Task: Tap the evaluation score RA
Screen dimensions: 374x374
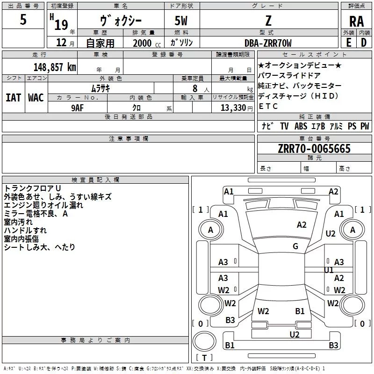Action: (x=356, y=21)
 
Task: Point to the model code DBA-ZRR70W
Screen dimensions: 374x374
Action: (x=268, y=43)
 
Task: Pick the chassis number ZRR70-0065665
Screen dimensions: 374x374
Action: (x=314, y=149)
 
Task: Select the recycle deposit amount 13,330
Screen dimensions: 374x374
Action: (x=233, y=107)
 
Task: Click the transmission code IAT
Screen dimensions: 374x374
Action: (x=13, y=98)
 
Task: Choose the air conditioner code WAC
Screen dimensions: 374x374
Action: (x=36, y=98)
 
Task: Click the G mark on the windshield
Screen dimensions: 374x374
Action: (x=295, y=246)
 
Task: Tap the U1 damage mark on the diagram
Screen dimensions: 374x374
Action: (x=329, y=270)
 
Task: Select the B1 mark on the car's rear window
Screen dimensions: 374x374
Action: (x=300, y=311)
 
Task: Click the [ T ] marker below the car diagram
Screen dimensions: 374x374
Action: (x=204, y=358)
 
